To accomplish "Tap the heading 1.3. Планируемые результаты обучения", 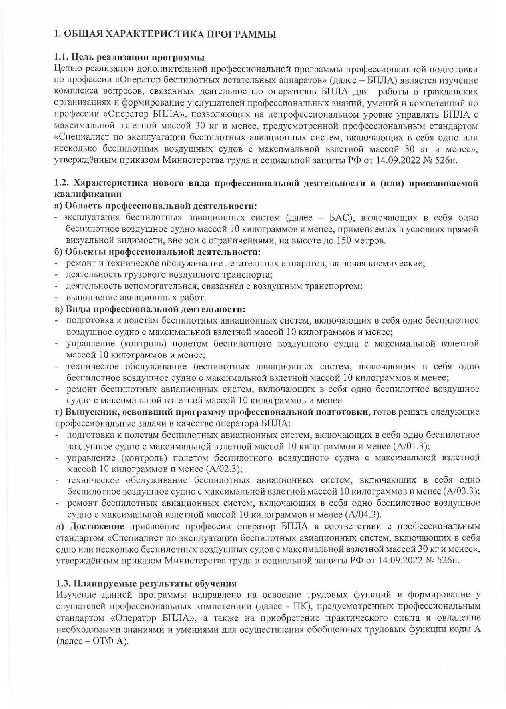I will pyautogui.click(x=147, y=583).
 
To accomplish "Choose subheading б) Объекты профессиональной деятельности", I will pyautogui.click(x=157, y=252).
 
